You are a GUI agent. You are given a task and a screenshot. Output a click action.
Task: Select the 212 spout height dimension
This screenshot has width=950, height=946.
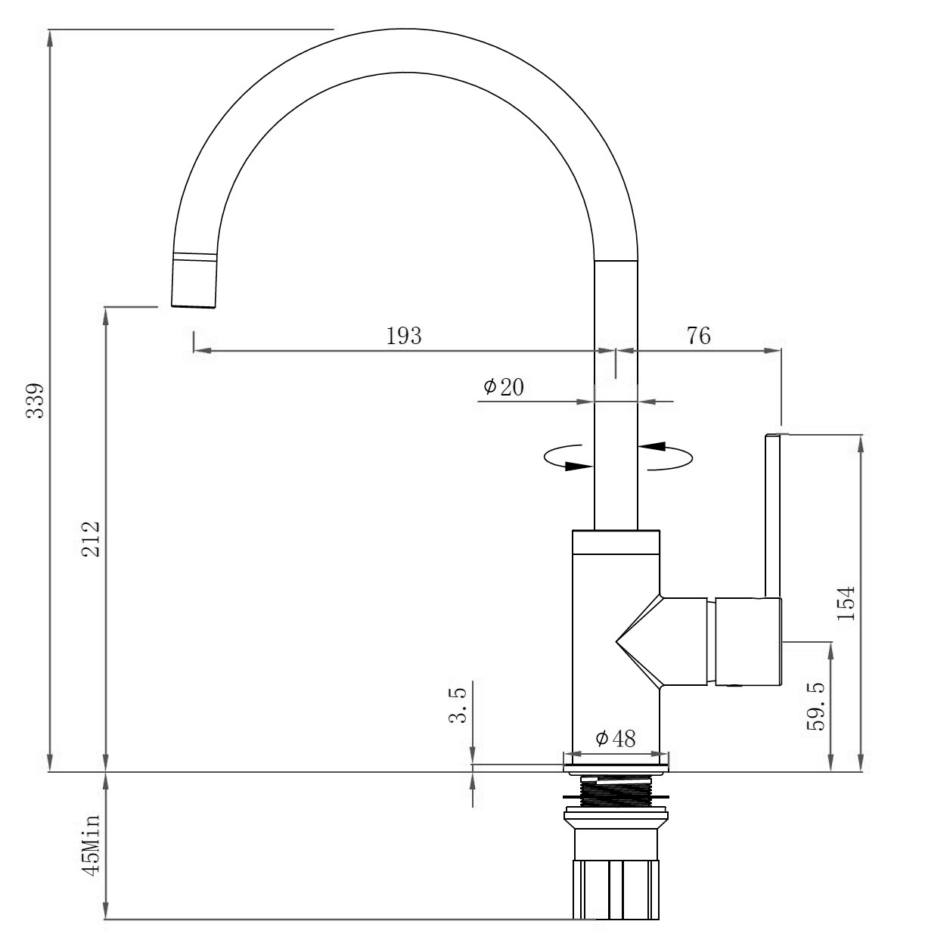point(92,538)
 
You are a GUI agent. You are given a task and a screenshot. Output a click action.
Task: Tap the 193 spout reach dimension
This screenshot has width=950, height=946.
point(404,336)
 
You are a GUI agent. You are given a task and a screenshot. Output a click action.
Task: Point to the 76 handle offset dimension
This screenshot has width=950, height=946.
point(698,336)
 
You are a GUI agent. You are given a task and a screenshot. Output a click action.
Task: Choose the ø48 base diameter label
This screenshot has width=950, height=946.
point(615,738)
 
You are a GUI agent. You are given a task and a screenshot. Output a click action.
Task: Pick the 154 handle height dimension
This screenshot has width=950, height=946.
point(846,602)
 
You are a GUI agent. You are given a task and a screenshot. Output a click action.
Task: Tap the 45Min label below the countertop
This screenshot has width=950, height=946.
point(92,845)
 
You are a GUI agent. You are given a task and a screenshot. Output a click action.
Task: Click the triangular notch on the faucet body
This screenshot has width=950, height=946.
point(639,642)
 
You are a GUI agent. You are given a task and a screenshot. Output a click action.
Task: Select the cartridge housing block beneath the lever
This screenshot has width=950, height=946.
point(748,642)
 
